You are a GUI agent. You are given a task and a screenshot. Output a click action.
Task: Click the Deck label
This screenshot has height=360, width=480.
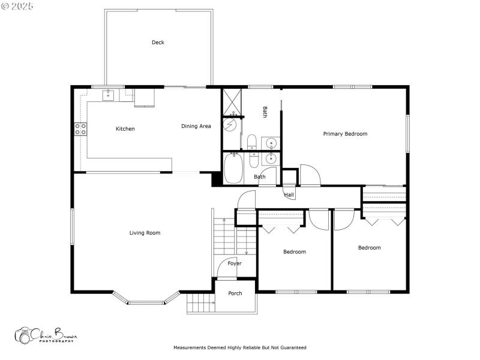coord(158,43)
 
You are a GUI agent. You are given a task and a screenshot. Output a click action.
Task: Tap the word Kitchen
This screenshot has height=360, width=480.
coord(125,129)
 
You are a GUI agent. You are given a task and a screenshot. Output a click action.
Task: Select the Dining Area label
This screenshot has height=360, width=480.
coord(196,126)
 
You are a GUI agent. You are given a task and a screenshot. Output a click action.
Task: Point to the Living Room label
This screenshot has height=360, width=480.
coord(145,233)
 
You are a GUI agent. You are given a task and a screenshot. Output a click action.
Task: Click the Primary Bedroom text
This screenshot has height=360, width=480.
coord(345,134)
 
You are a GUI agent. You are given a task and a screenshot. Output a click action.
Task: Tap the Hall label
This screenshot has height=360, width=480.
coord(289,195)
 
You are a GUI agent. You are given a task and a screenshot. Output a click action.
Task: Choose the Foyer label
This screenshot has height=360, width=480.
coord(235,263)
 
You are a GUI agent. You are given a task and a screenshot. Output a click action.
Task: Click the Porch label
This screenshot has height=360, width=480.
coord(235,293)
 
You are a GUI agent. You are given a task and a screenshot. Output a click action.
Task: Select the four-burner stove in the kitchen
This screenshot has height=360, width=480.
coord(80,128)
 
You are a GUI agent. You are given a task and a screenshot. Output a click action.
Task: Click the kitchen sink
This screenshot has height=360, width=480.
coord(109,94)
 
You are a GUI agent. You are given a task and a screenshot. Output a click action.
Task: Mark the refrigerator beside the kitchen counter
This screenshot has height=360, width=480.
coord(144,97)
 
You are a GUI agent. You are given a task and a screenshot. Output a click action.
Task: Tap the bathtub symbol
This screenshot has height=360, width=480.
coord(233,169)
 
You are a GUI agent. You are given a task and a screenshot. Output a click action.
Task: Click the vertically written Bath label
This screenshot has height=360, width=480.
coord(265,112)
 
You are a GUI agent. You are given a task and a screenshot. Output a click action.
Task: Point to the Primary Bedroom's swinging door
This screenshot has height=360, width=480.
coord(310,175)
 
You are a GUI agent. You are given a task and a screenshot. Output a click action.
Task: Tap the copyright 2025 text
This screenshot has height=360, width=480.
coord(17,5)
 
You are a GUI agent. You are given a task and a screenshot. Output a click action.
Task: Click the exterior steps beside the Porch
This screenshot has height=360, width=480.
coord(200,304)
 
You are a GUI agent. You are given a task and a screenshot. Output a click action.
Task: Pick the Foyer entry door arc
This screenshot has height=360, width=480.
coord(229,269)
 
